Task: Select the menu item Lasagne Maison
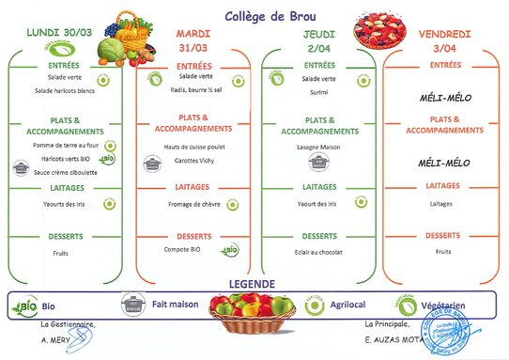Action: pyautogui.click(x=317, y=148)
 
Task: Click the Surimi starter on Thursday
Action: pyautogui.click(x=317, y=92)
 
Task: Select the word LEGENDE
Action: pyautogui.click(x=253, y=284)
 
